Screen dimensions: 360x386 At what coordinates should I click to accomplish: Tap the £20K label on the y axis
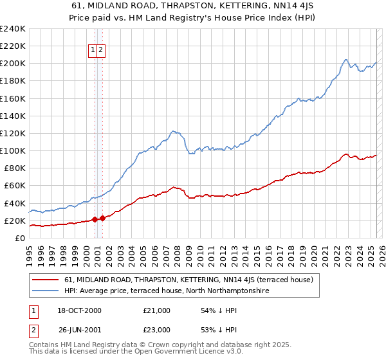15,221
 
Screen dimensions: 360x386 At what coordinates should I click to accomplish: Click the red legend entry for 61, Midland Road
188,280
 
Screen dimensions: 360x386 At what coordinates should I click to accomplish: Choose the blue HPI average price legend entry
165,291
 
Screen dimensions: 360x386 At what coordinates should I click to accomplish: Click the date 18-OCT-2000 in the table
80,310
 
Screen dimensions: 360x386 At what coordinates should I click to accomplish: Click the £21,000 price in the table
157,310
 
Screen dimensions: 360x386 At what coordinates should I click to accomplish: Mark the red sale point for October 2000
95,219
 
